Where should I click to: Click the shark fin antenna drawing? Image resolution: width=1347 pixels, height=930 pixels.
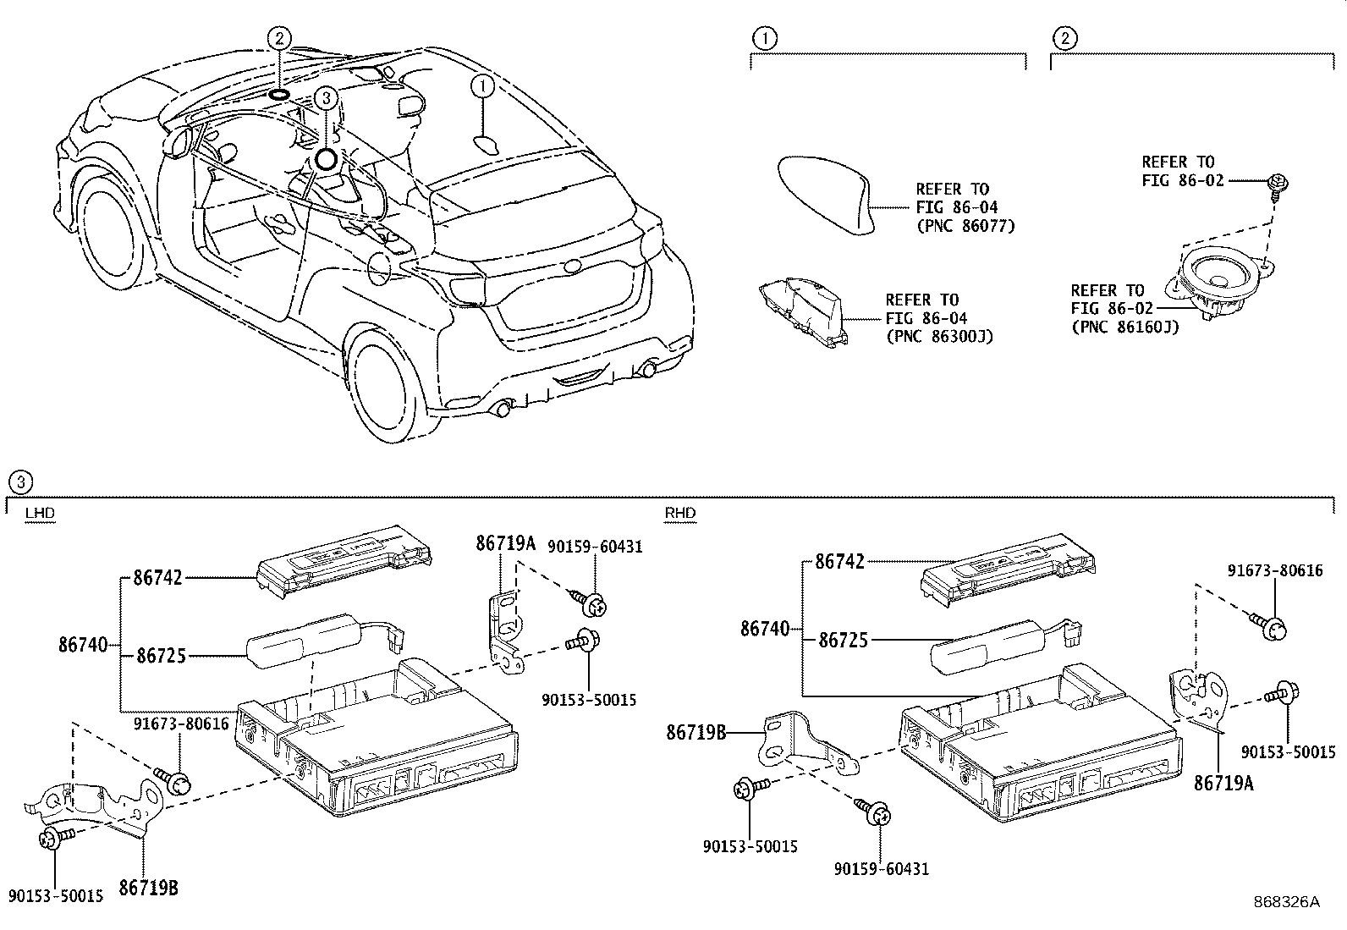[826, 192]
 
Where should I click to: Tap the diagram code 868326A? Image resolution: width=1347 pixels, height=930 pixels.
[1286, 901]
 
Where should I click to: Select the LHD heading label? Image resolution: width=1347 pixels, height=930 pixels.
[39, 513]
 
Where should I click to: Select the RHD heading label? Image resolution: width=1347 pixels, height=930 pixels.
[679, 513]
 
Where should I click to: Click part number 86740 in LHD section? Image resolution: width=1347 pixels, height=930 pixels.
[83, 645]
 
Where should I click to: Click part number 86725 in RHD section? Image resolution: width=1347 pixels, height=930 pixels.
[843, 641]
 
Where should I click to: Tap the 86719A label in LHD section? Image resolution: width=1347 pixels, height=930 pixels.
[505, 544]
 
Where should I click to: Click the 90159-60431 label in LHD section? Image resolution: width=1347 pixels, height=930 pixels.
[595, 547]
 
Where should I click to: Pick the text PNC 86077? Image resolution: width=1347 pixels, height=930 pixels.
[965, 226]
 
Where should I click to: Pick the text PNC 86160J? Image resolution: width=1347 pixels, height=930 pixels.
[1124, 327]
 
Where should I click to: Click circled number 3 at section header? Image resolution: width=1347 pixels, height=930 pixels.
[19, 482]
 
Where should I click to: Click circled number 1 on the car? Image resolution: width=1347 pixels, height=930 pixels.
[482, 86]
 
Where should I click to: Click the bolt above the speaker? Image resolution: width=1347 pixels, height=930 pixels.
[1278, 184]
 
